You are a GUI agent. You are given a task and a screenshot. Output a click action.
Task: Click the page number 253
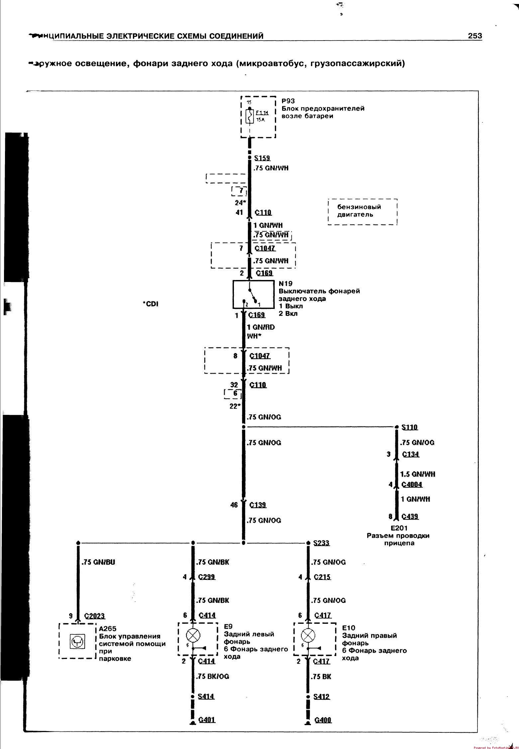pyautogui.click(x=475, y=36)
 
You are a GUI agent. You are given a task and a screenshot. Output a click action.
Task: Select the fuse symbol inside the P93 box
pyautogui.click(x=250, y=116)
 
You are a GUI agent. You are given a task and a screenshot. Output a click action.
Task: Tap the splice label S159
pyautogui.click(x=262, y=158)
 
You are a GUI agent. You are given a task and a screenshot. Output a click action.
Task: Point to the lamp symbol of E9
pyautogui.click(x=193, y=635)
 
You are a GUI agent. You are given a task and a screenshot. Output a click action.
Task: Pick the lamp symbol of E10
pyautogui.click(x=308, y=635)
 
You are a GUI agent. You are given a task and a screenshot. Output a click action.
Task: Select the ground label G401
pyautogui.click(x=207, y=720)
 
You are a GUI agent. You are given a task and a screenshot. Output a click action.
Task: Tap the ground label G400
pyautogui.click(x=323, y=720)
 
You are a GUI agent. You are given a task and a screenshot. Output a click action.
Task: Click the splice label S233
pyautogui.click(x=322, y=543)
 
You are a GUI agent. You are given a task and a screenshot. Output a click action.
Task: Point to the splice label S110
pyautogui.click(x=409, y=427)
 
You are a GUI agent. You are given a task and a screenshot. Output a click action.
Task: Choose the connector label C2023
pyautogui.click(x=95, y=616)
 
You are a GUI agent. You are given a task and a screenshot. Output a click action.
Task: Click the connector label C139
pyautogui.click(x=258, y=505)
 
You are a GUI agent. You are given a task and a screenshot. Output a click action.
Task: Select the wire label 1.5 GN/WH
pyautogui.click(x=418, y=474)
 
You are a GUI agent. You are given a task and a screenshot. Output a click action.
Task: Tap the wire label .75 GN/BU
pyautogui.click(x=98, y=562)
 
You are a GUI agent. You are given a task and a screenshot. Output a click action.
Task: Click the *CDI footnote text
pyautogui.click(x=150, y=304)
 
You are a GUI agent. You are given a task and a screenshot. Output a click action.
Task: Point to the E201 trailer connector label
pyautogui.click(x=399, y=528)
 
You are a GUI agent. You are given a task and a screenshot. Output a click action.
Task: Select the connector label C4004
pyautogui.click(x=412, y=485)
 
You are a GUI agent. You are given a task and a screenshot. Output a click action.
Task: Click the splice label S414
pyautogui.click(x=206, y=697)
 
